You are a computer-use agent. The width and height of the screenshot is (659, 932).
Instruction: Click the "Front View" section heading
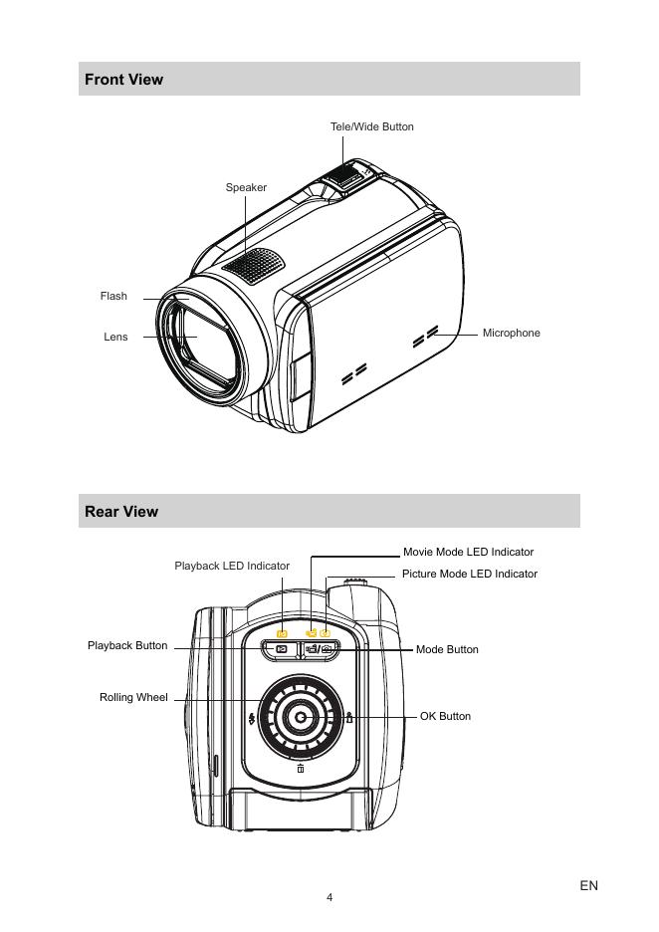(x=123, y=80)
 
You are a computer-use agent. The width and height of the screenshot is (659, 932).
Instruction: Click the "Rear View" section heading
(x=121, y=512)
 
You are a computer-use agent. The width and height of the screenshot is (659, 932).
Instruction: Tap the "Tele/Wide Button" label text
(x=371, y=126)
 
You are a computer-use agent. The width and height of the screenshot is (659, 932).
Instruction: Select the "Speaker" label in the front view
(x=246, y=187)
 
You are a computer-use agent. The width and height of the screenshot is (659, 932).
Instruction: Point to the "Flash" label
(x=113, y=296)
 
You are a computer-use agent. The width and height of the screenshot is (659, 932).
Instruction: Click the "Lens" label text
(x=115, y=338)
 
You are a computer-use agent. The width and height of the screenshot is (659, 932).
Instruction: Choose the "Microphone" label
(x=511, y=333)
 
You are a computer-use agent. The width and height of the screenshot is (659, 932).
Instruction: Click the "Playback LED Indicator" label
(x=232, y=566)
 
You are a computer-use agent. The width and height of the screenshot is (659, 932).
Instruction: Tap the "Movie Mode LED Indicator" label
(x=468, y=552)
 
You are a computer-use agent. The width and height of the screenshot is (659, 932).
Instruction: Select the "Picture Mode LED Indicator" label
(x=469, y=574)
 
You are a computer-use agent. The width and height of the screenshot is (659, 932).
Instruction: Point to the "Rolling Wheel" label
(x=133, y=697)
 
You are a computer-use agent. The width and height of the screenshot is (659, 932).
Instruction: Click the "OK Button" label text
(x=445, y=716)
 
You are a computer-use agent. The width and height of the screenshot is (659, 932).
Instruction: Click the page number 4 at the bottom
(x=329, y=897)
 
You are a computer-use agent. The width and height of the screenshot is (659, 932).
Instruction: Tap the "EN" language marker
(x=588, y=885)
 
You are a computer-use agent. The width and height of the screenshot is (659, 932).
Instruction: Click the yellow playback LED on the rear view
(x=282, y=633)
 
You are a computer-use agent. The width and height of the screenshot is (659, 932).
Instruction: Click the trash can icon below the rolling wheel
(x=301, y=768)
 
